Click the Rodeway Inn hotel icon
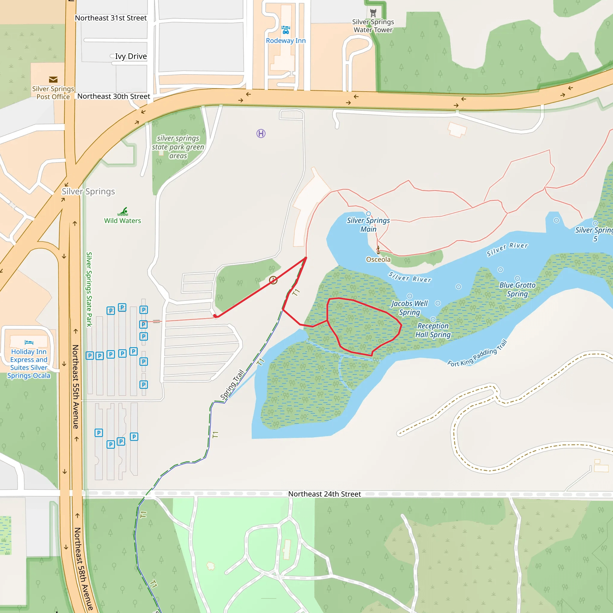[286, 30]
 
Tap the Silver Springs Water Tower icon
[373, 13]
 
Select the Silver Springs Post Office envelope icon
[53, 79]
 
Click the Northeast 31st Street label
[111, 18]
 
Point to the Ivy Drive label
[131, 56]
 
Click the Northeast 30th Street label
[113, 96]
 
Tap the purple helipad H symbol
[261, 133]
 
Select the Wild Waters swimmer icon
[123, 211]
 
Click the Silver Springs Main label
[368, 225]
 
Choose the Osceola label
[378, 259]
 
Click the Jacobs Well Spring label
[409, 308]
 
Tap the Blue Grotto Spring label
[517, 289]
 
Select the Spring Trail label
[232, 385]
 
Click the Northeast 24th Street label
[324, 494]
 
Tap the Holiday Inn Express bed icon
[29, 342]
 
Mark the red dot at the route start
[215, 316]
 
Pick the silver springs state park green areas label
[178, 147]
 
